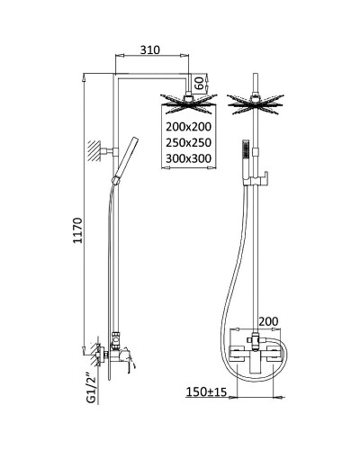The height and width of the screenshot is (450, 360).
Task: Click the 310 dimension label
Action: pyautogui.click(x=150, y=49)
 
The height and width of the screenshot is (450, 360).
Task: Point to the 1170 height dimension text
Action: pyautogui.click(x=77, y=230)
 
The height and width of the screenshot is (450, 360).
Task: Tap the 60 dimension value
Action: pyautogui.click(x=200, y=82)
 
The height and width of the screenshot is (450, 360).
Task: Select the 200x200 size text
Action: pyautogui.click(x=188, y=127)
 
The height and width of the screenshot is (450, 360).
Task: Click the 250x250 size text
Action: pyautogui.click(x=188, y=142)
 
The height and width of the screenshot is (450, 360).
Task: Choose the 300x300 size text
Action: pyautogui.click(x=188, y=158)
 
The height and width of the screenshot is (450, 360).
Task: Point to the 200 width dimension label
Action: pyautogui.click(x=268, y=321)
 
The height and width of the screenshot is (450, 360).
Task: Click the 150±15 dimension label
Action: pyautogui.click(x=206, y=391)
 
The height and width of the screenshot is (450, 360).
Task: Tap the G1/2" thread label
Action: pyautogui.click(x=91, y=388)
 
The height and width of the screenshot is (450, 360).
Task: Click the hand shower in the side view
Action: pyautogui.click(x=125, y=160)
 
